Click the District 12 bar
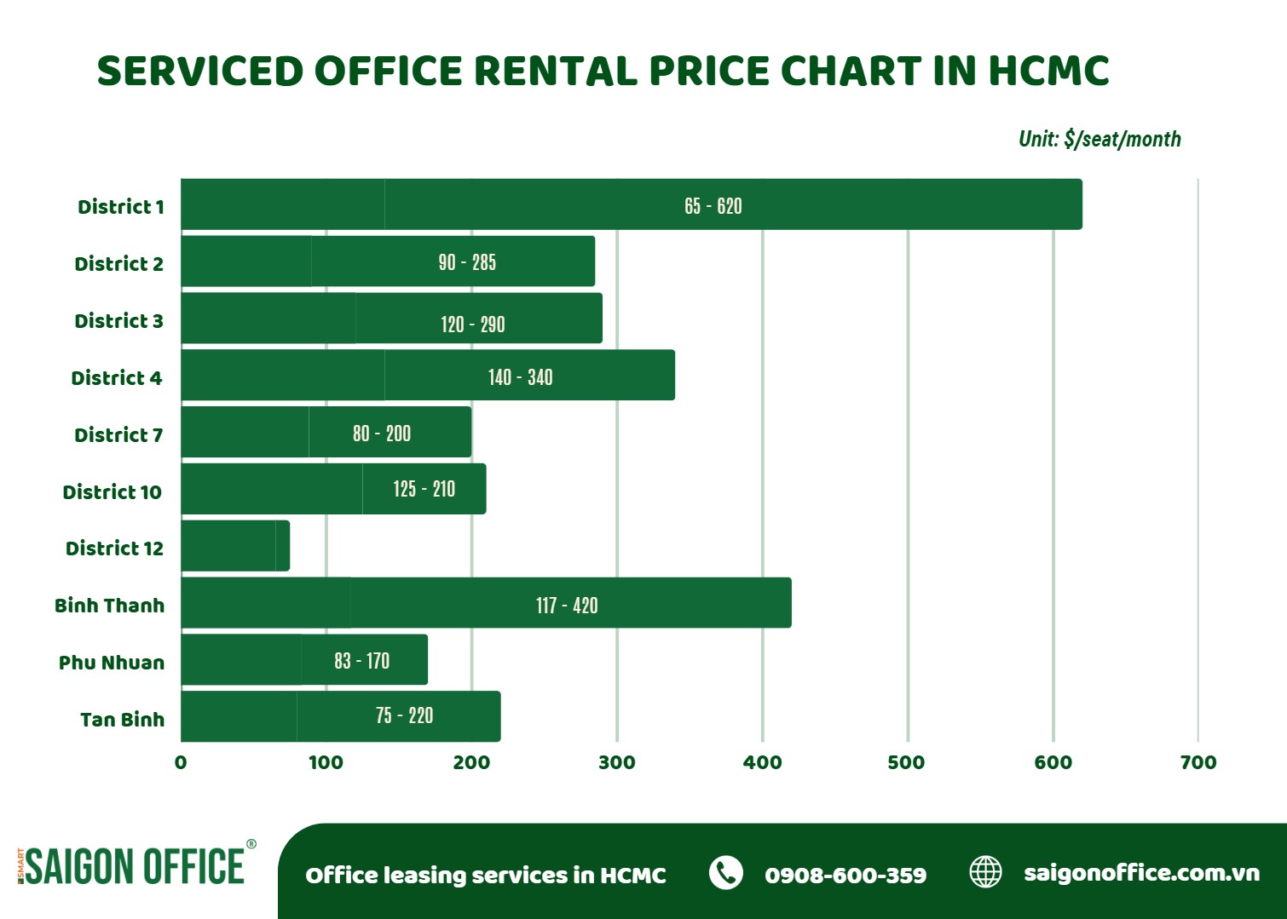pos(235,546)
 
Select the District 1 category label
pos(120,207)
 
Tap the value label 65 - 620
pos(713,206)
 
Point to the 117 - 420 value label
pos(567,606)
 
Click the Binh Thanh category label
pos(109,606)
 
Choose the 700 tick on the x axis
pos(1198,762)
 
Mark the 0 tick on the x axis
pos(181,762)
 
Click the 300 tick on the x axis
pos(616,762)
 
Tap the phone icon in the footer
pos(726,873)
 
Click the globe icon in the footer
pos(986,872)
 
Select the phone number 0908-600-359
pos(845,875)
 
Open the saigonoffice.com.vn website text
pos(1141,873)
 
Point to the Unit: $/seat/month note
pos(1099,139)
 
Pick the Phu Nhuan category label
pos(111,663)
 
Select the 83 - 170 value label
pos(361,661)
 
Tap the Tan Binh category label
pos(122,720)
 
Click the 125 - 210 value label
pos(424,489)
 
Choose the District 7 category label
pos(118,435)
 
